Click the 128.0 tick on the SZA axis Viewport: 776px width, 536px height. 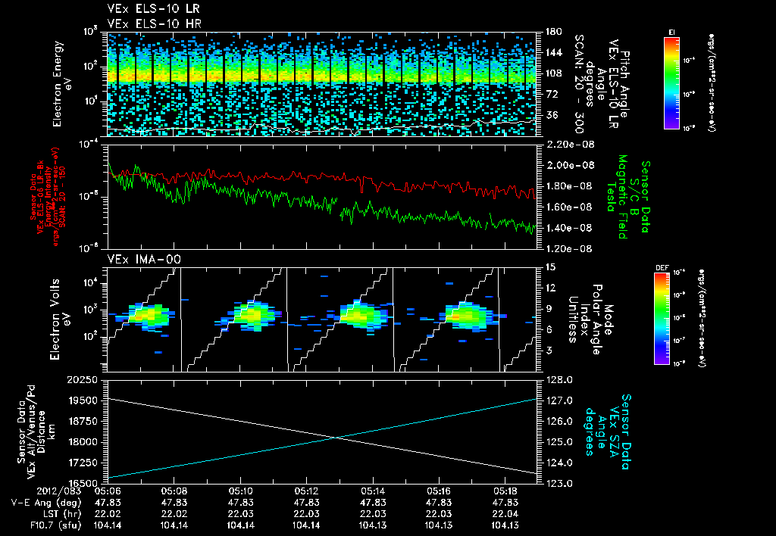pos(557,379)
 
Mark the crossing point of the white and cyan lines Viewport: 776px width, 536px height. pos(334,437)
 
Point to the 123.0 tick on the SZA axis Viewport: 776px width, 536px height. pos(557,482)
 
